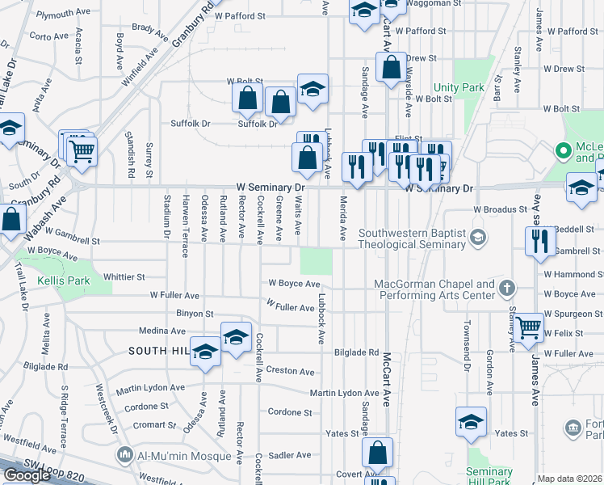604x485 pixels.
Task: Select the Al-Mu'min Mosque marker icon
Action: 125,456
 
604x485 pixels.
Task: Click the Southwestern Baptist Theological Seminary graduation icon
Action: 479,236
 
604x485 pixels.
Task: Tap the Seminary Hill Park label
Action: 489,477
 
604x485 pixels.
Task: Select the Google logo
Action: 27,475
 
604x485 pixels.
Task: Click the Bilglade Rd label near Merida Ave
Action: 356,352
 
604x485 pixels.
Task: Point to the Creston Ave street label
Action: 290,371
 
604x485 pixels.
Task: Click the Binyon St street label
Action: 194,314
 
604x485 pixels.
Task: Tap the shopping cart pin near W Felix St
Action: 528,328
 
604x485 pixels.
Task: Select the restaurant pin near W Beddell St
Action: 539,241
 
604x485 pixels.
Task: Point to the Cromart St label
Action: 154,424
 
